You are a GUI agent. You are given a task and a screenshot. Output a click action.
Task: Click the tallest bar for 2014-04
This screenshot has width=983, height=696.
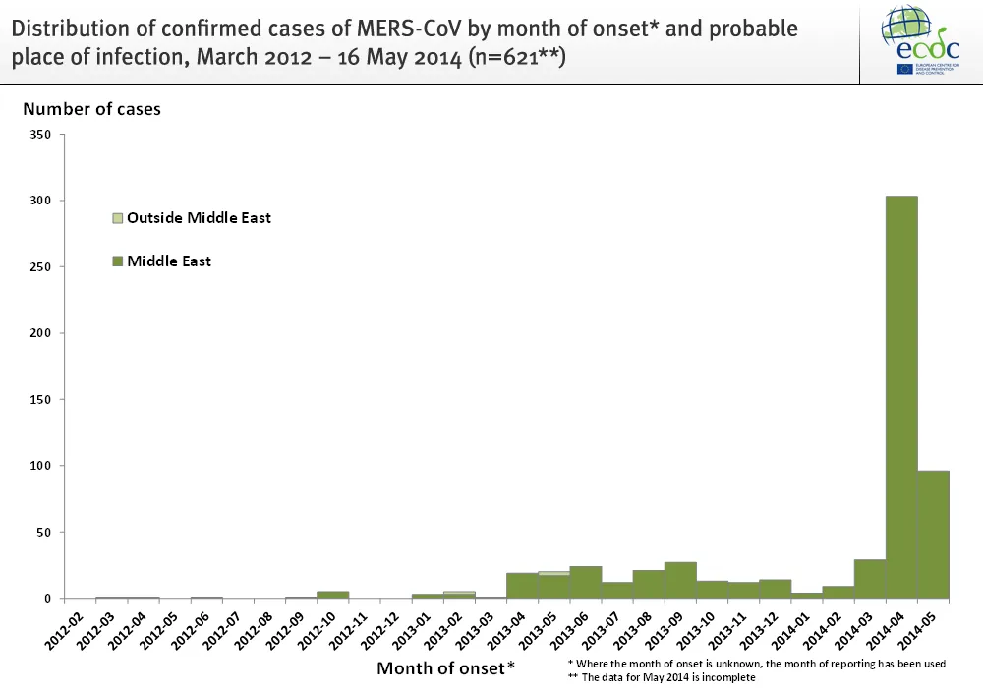pyautogui.click(x=901, y=397)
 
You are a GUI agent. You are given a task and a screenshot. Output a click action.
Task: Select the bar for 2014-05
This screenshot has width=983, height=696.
pyautogui.click(x=933, y=535)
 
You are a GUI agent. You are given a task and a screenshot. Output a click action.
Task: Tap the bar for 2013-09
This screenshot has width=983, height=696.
pyautogui.click(x=680, y=580)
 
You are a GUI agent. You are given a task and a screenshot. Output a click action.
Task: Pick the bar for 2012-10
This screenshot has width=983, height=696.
pyautogui.click(x=332, y=594)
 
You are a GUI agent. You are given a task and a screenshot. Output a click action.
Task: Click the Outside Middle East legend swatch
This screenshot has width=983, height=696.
pyautogui.click(x=118, y=217)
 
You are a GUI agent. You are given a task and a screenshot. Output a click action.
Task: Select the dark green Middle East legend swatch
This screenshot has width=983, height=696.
pyautogui.click(x=118, y=261)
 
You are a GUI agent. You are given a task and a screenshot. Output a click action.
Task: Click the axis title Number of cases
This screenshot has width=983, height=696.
pyautogui.click(x=92, y=109)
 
